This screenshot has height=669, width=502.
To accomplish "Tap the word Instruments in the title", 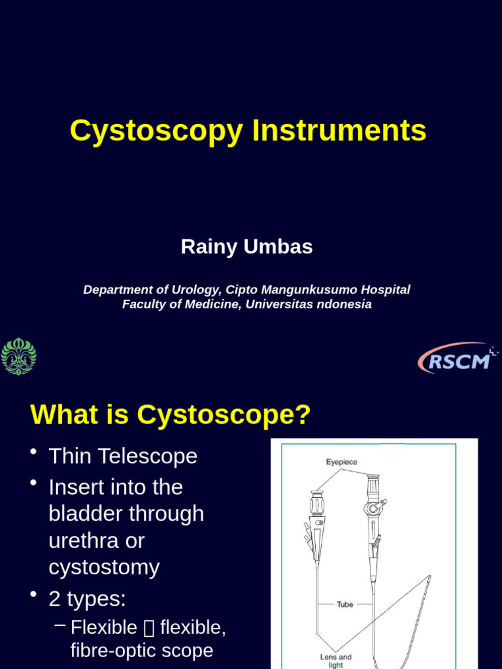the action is [339, 130].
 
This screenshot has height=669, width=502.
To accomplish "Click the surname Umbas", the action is [278, 246].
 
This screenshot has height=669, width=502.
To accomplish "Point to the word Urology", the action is [196, 290].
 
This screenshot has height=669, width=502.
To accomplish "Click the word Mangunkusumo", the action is [309, 290].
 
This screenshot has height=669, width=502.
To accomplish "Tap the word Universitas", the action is [280, 304].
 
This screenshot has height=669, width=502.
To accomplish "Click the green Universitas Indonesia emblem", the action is [18, 356].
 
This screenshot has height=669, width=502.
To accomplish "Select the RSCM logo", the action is [457, 359].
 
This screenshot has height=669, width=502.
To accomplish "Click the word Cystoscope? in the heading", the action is [224, 414].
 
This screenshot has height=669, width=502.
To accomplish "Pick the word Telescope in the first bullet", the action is [148, 456].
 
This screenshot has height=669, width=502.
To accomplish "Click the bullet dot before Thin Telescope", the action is [33, 452].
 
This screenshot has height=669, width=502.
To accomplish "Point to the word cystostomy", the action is [104, 568].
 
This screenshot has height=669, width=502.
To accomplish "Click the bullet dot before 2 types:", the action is [33, 594].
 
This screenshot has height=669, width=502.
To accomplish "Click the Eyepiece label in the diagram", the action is [341, 462].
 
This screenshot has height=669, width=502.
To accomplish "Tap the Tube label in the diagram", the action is [345, 604].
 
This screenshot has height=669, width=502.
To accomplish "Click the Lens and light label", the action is [336, 661].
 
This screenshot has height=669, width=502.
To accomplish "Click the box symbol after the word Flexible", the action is [149, 628].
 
